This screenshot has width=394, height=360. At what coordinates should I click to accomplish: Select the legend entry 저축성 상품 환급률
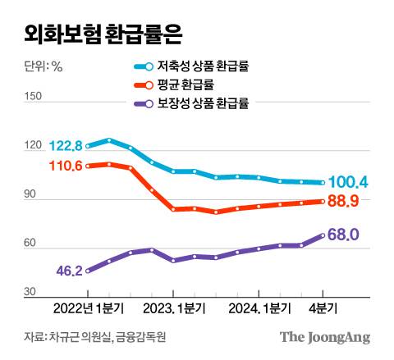[204, 67]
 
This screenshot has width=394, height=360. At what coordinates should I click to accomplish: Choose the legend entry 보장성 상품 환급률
[204, 103]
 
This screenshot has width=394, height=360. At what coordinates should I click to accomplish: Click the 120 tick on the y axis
[33, 146]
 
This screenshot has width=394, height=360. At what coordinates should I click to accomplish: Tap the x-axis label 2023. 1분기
[173, 308]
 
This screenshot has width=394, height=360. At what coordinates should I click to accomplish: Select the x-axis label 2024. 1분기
[259, 308]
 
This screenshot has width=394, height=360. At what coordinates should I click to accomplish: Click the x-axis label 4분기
[321, 308]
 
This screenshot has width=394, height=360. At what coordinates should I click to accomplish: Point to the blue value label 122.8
[66, 146]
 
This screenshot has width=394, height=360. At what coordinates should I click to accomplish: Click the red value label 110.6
[66, 166]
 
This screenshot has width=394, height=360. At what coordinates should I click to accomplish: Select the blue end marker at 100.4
[322, 183]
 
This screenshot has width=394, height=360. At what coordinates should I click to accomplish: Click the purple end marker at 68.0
[322, 235]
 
